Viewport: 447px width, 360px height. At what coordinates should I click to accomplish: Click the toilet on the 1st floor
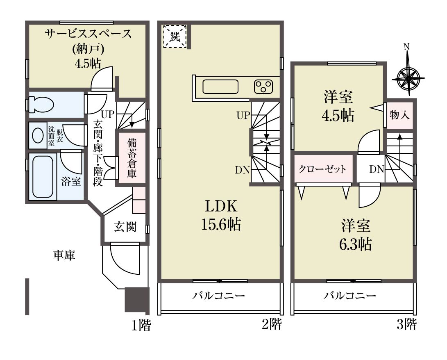pos(42,105)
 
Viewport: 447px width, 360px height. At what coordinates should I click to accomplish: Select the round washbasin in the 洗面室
pos(38,135)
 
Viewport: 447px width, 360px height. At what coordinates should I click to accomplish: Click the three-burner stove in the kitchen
pos(263,87)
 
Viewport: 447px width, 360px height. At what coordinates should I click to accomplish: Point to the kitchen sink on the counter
pos(220,87)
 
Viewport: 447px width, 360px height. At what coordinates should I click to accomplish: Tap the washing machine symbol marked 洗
pos(175,36)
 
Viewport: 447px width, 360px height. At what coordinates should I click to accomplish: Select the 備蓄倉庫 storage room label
pos(132,158)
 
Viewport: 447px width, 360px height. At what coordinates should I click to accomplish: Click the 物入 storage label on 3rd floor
pos(399,115)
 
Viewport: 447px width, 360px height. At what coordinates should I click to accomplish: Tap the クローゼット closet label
pos(322,169)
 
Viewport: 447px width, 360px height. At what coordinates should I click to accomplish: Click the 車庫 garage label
pos(64,255)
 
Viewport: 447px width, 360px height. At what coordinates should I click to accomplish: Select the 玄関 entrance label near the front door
pos(125,226)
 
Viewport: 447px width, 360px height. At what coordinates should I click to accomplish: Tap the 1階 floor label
pos(141,325)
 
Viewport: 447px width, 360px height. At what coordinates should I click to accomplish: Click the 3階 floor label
pos(406,324)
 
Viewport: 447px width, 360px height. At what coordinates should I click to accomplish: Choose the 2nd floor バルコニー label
pos(218,295)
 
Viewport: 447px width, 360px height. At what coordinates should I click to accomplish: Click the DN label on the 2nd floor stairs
pos(242,170)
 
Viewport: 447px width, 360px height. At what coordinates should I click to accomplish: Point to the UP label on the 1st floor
pos(108,114)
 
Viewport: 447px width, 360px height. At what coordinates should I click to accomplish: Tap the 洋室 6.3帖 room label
pos(356,235)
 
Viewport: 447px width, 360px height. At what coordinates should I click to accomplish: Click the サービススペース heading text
pos(88,34)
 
